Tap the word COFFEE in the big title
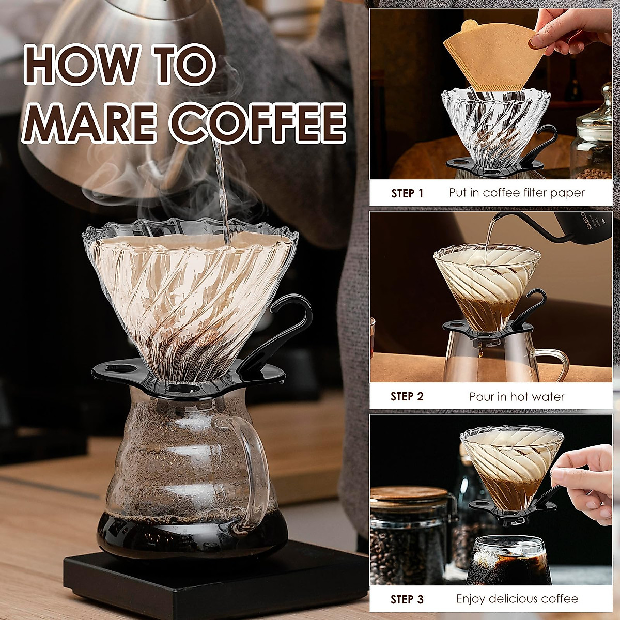click(x=258, y=122)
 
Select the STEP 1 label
click(x=407, y=193)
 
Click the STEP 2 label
click(x=407, y=397)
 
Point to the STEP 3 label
click(x=407, y=599)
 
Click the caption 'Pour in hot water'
click(x=517, y=397)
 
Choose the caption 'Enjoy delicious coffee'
click(x=517, y=599)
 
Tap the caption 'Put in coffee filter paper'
click(x=517, y=193)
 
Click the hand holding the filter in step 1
click(x=568, y=31)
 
